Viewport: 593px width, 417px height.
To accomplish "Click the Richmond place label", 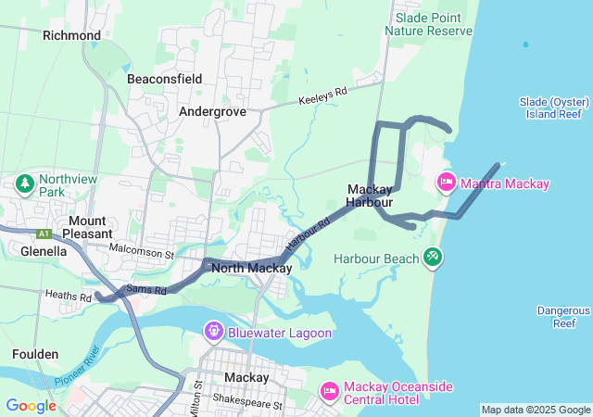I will pyautogui.click(x=71, y=35).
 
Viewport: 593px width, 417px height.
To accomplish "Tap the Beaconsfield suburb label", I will pyautogui.click(x=164, y=79).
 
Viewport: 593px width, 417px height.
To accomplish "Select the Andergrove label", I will pyautogui.click(x=212, y=110).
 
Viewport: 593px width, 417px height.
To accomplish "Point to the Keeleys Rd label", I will pyautogui.click(x=322, y=96).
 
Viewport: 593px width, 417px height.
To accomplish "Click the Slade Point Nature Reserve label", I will pyautogui.click(x=434, y=24).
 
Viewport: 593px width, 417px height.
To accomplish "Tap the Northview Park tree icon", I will pyautogui.click(x=23, y=183).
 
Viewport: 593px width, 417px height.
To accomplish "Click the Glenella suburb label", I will pyautogui.click(x=44, y=250).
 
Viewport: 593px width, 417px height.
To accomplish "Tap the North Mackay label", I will pyautogui.click(x=252, y=268).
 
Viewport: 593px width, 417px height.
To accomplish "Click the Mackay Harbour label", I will pyautogui.click(x=370, y=195).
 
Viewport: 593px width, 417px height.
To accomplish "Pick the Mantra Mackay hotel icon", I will pyautogui.click(x=445, y=182).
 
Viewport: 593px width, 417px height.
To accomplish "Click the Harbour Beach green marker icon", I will pyautogui.click(x=432, y=256).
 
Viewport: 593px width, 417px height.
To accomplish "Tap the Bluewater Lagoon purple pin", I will pyautogui.click(x=214, y=330).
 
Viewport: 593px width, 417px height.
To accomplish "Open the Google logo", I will pyautogui.click(x=31, y=405).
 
